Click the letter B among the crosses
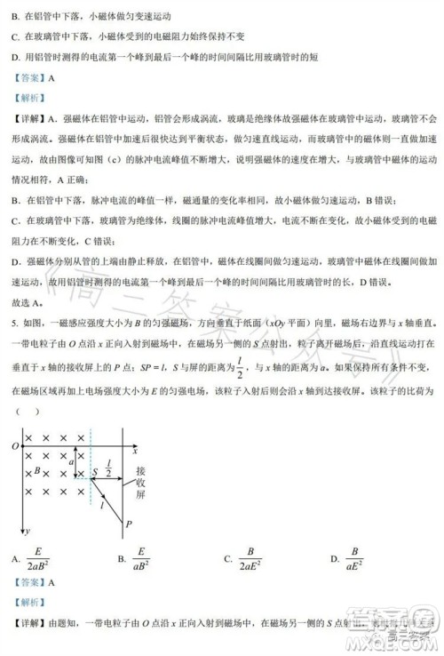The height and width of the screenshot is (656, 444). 36,470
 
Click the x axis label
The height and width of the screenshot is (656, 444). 135,452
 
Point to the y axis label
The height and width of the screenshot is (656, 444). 28,530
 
